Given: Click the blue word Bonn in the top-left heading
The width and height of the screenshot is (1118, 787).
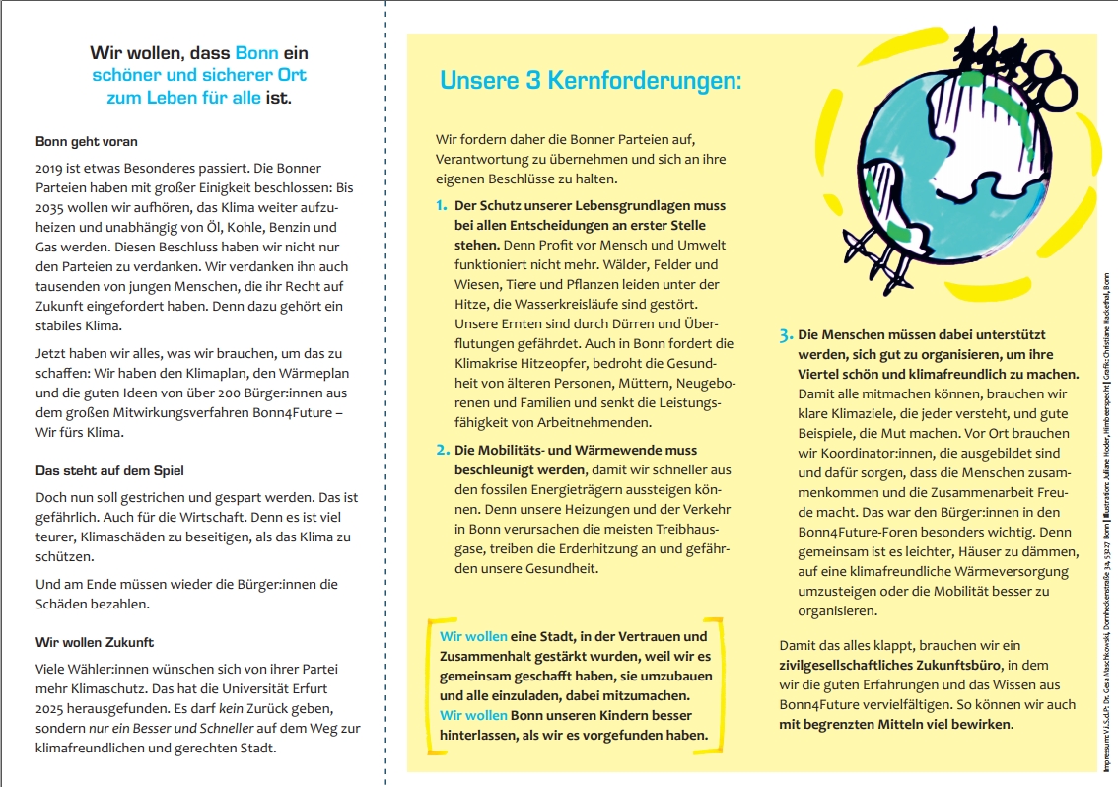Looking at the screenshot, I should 256,52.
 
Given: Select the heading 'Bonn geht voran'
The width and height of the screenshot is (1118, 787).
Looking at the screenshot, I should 87,141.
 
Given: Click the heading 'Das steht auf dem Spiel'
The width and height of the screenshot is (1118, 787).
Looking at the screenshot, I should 109,470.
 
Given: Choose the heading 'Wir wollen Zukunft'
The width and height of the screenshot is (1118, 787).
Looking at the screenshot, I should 95,642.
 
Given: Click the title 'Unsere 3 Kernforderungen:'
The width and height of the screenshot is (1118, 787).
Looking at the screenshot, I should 590,81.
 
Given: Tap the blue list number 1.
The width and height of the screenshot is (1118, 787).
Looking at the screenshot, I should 441,206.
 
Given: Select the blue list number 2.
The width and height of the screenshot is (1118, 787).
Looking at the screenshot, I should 442,451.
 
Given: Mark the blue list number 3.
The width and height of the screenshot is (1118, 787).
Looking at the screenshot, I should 786,335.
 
